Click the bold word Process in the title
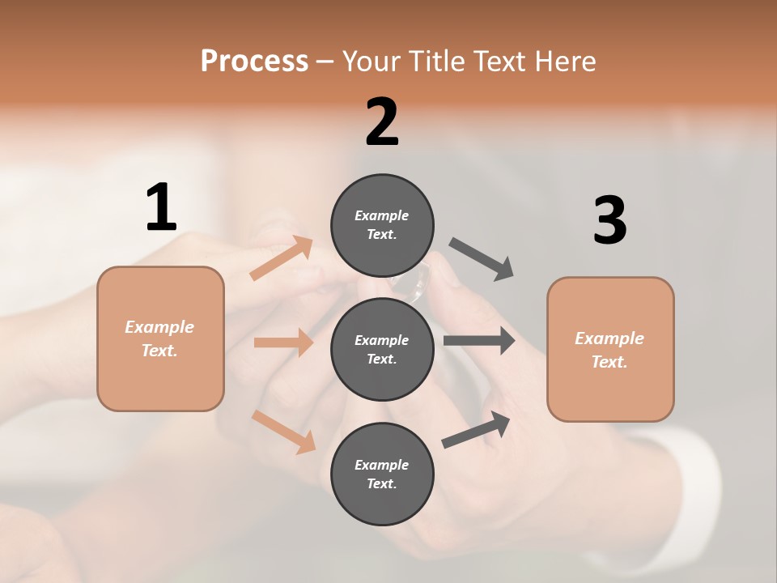(x=254, y=61)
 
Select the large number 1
(x=161, y=208)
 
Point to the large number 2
(x=382, y=122)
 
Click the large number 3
(x=609, y=220)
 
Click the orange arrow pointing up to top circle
(x=282, y=259)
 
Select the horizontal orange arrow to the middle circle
(x=283, y=343)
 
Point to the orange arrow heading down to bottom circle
(x=284, y=432)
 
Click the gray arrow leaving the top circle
(x=482, y=259)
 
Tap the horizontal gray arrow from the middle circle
(x=479, y=341)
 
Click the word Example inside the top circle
(x=382, y=215)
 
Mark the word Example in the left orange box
(x=159, y=327)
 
